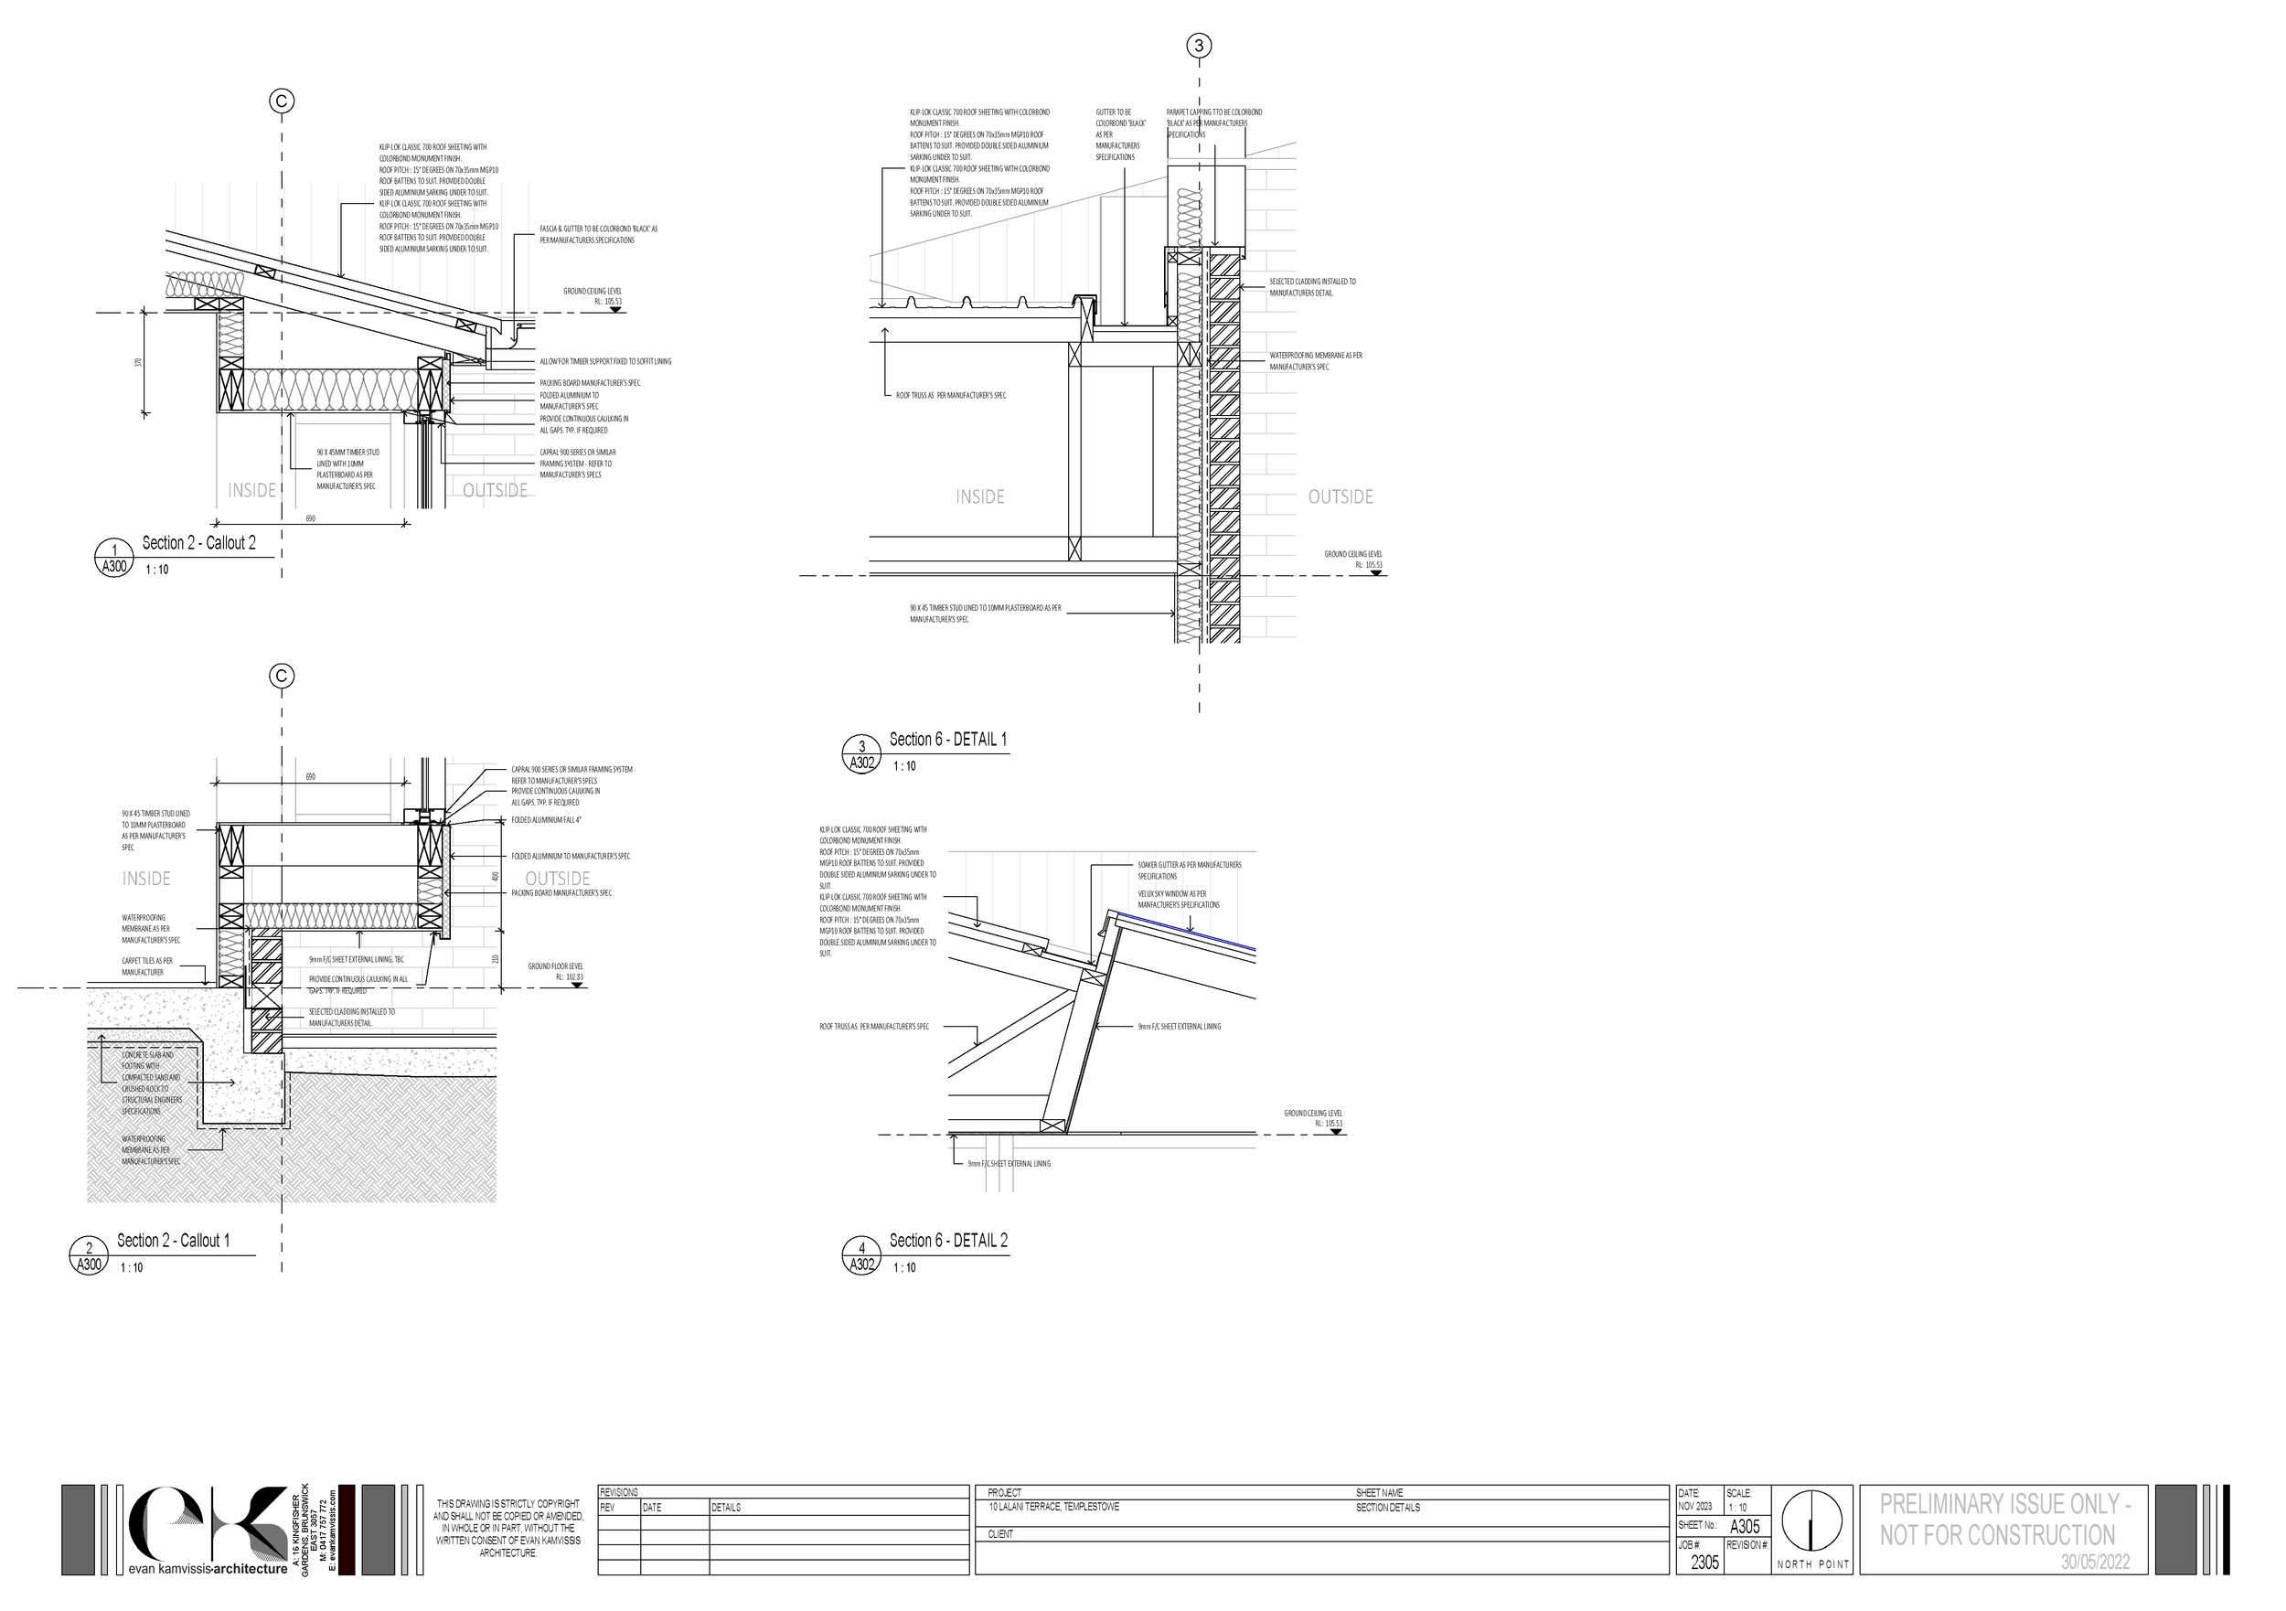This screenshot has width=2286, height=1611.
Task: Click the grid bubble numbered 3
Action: pos(1199,46)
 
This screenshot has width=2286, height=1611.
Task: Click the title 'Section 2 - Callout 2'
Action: pos(198,544)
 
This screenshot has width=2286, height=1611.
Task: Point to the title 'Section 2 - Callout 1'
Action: pos(173,1241)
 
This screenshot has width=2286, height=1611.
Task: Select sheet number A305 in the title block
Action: pos(1745,1526)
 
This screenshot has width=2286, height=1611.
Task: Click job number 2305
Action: pos(1704,1563)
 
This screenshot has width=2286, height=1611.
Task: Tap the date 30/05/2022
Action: pos(2095,1563)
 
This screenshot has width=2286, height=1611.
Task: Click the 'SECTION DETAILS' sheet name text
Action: pos(1388,1508)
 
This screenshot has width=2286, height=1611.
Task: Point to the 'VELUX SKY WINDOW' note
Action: pos(1179,899)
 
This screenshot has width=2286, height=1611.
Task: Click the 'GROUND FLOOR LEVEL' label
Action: pos(556,966)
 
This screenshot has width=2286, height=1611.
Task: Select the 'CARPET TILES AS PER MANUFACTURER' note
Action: pos(147,966)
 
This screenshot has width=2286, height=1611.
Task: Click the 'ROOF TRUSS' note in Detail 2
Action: pos(873,1026)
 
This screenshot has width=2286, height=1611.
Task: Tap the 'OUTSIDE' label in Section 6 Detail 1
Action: pos(1341,496)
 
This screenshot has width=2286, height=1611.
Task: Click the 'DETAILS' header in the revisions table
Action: pos(726,1508)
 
